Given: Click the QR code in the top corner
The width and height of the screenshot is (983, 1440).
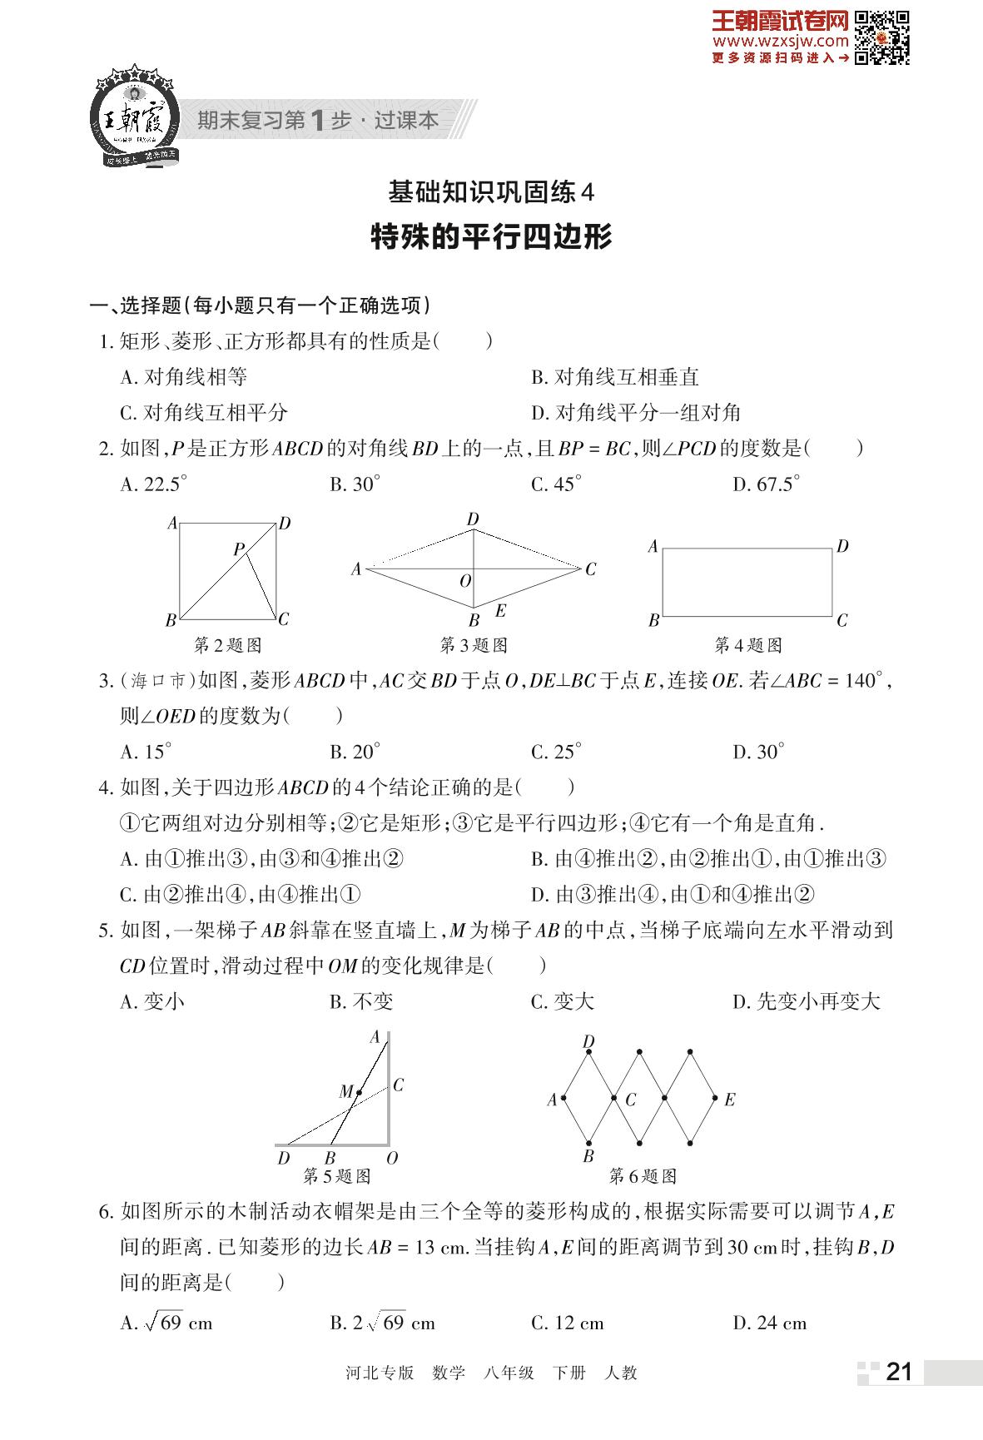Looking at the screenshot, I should [x=881, y=37].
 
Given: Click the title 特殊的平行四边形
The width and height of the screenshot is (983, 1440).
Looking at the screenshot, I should [x=491, y=237].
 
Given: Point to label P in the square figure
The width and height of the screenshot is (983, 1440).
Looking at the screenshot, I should [x=238, y=549].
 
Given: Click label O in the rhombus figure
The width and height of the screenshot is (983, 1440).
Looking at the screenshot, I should [x=465, y=581].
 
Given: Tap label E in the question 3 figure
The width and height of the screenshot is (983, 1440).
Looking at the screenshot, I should [x=500, y=611].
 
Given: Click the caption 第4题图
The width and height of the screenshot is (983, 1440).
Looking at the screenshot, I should [x=748, y=645].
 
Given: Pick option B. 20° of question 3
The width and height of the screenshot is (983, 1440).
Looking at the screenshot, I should [x=355, y=752].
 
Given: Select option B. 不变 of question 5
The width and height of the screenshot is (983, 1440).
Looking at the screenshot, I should [x=361, y=1001].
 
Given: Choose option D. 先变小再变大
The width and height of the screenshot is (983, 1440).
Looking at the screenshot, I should [x=806, y=1001].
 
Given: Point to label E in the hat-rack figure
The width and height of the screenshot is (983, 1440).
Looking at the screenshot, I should [x=729, y=1100].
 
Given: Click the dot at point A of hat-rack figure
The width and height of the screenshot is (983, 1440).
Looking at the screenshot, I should [x=564, y=1099].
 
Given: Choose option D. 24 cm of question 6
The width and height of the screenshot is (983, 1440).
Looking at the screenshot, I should [x=770, y=1323].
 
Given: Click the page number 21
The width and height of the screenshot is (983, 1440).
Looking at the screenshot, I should [x=899, y=1371].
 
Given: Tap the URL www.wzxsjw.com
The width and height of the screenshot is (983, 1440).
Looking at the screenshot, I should [x=780, y=41].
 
